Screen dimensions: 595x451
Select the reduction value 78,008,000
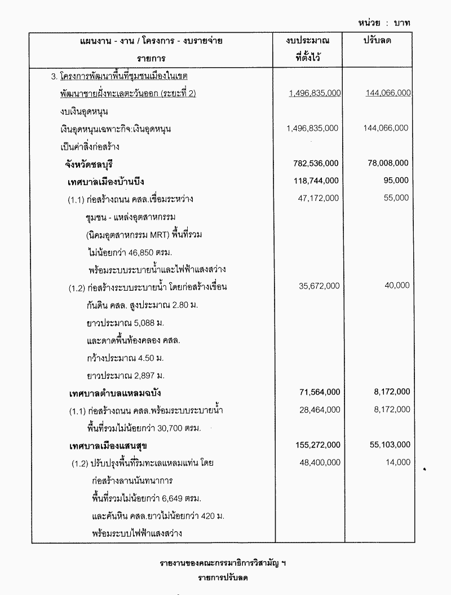click(386, 163)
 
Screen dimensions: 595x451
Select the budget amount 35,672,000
click(319, 286)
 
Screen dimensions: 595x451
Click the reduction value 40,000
click(397, 286)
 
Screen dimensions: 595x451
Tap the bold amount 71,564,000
click(318, 392)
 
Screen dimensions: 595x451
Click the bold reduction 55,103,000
click(387, 445)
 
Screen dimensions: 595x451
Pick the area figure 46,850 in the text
click(142, 251)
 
